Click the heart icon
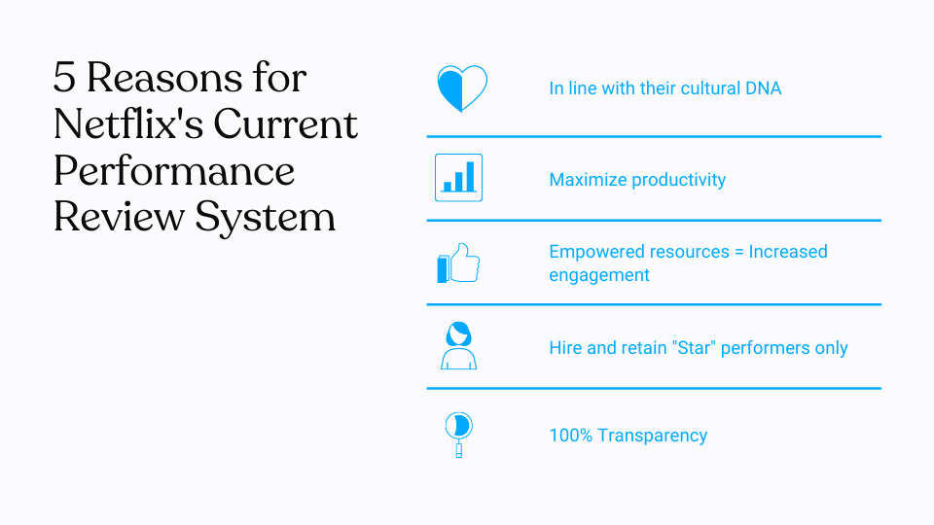coord(461,88)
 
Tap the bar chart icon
coord(458,178)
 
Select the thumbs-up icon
coord(458,263)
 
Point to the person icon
coord(458,346)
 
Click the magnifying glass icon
coord(458,434)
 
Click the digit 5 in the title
coord(65,78)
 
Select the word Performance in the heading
coord(174,170)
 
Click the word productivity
coord(679,180)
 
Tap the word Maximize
coord(588,180)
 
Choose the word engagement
coord(599,275)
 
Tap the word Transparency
coord(652,436)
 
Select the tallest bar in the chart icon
coord(471,176)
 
